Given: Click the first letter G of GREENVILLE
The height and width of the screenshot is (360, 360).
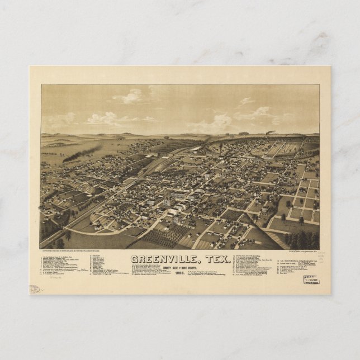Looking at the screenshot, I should point(134,259).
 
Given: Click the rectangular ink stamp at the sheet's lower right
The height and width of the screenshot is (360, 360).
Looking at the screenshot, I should point(311,279).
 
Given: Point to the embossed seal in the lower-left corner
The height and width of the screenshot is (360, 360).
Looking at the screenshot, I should point(35,289).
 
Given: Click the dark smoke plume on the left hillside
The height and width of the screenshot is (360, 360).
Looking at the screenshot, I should point(82,153).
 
